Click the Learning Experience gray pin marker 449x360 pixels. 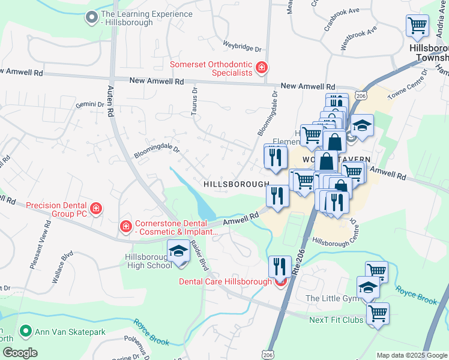pyautogui.click(x=92, y=18)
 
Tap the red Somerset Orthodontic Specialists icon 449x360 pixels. pyautogui.click(x=261, y=68)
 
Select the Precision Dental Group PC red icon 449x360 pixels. pyautogui.click(x=96, y=209)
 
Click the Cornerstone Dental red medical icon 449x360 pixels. pyautogui.click(x=125, y=227)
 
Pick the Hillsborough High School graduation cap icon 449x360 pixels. pyautogui.click(x=178, y=252)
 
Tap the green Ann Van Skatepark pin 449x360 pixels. pyautogui.click(x=25, y=331)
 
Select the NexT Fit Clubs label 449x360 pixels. pyautogui.click(x=336, y=320)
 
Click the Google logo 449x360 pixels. pyautogui.click(x=20, y=352)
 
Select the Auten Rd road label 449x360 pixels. pyautogui.click(x=111, y=100)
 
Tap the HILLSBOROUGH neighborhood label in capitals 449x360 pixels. pyautogui.click(x=236, y=184)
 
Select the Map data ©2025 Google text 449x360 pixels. pyautogui.click(x=411, y=355)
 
